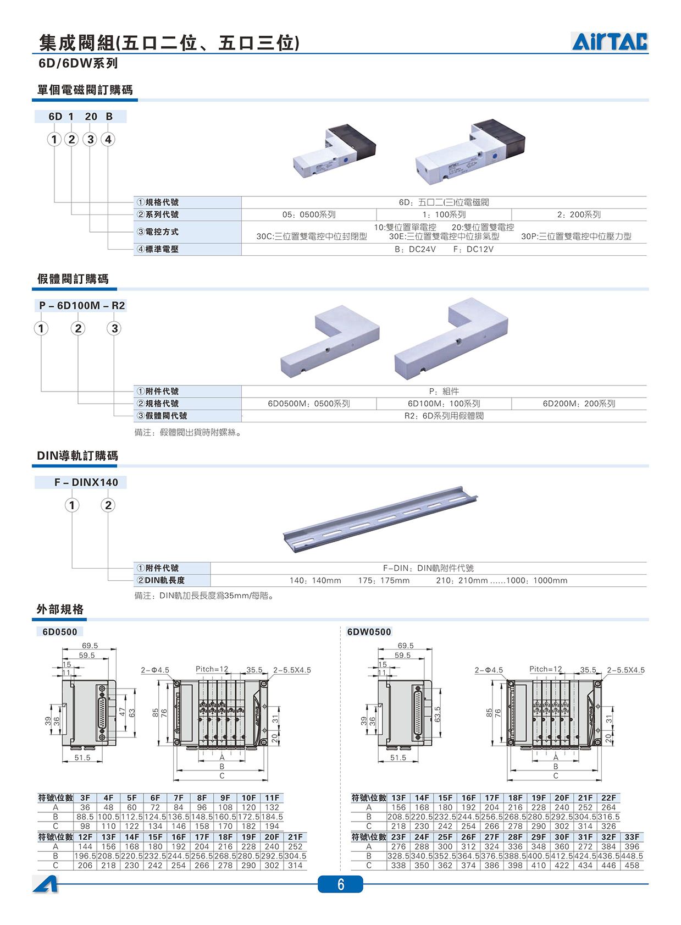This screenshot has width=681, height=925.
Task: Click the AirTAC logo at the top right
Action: pos(610,41)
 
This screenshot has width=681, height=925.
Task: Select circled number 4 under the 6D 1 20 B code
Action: pos(108,139)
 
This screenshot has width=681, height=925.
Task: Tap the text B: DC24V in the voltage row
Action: pos(415,249)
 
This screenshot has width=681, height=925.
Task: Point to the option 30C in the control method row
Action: pos(312,236)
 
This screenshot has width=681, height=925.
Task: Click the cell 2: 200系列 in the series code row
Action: pos(579,214)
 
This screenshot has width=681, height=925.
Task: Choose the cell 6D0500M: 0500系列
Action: pos(309,404)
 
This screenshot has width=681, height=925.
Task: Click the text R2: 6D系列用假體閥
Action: pos(444,416)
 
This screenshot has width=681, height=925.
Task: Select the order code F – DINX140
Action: pos(86,482)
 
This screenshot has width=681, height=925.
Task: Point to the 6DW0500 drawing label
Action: pos(369,632)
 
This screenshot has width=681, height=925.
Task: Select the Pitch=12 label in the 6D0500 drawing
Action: pos(212,669)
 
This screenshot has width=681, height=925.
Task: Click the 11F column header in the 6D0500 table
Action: pos(272,798)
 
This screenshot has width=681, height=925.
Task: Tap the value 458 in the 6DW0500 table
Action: pos(632,865)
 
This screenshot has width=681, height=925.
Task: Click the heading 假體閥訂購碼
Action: pos(73,279)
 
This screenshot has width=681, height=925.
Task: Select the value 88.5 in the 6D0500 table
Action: pos(85,817)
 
